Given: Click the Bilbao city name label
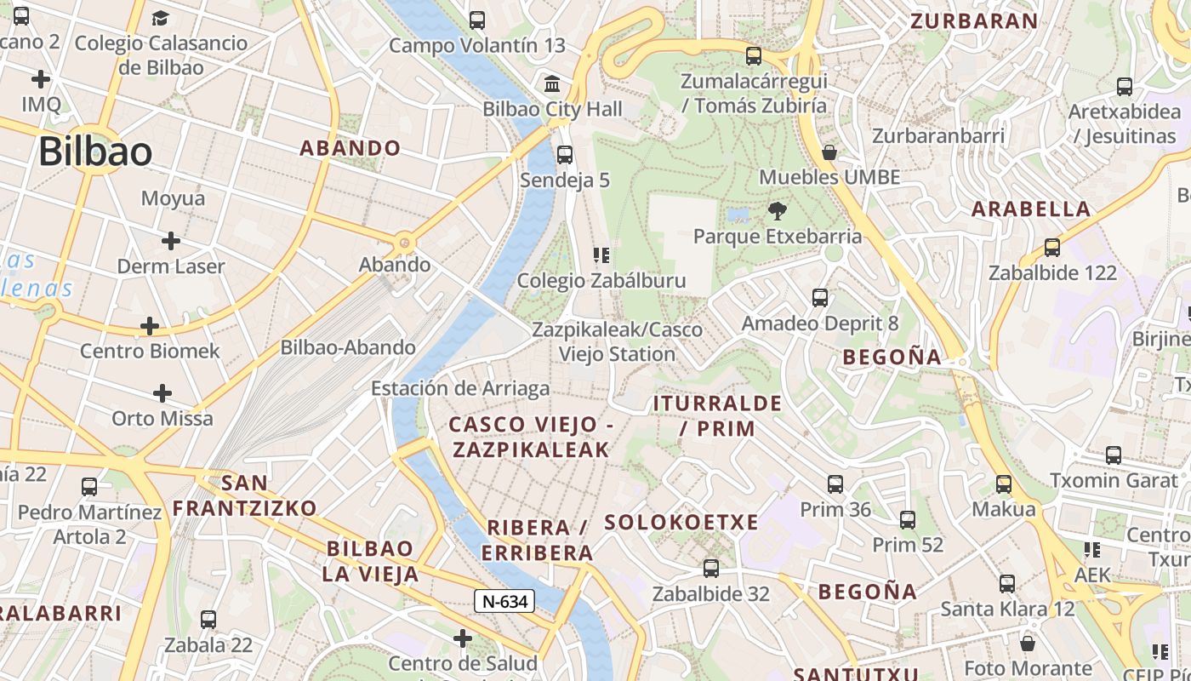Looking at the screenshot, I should pyautogui.click(x=95, y=152).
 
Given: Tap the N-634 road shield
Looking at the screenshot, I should pyautogui.click(x=504, y=602).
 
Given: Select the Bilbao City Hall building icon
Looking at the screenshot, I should pyautogui.click(x=552, y=84).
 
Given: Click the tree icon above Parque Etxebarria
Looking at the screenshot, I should pyautogui.click(x=777, y=211).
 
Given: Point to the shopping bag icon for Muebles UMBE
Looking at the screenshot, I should pyautogui.click(x=829, y=153).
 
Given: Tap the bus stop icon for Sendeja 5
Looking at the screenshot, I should pyautogui.click(x=564, y=155).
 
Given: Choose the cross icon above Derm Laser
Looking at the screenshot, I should pyautogui.click(x=171, y=241).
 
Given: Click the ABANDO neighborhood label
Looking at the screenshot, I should pyautogui.click(x=350, y=148).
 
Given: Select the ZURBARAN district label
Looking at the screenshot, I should pyautogui.click(x=974, y=21).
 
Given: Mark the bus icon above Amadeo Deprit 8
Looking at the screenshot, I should pyautogui.click(x=820, y=298).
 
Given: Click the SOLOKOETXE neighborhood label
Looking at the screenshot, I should pyautogui.click(x=681, y=523).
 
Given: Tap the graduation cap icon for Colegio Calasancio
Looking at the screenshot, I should pyautogui.click(x=160, y=18).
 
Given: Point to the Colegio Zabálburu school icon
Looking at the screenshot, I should pyautogui.click(x=601, y=255).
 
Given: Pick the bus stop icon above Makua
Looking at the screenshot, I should pyautogui.click(x=1004, y=484).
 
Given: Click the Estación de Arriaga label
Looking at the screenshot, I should pyautogui.click(x=459, y=389).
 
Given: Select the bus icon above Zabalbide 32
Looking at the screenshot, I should pyautogui.click(x=711, y=569).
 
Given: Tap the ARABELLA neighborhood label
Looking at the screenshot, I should pyautogui.click(x=1030, y=209).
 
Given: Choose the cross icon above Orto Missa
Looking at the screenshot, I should pyautogui.click(x=162, y=393).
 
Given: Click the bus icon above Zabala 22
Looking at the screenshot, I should pyautogui.click(x=208, y=620).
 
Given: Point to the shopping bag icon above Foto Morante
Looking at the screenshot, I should pyautogui.click(x=1028, y=643).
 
